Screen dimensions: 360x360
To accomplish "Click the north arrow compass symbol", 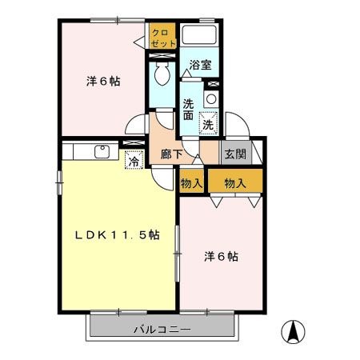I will coord(294,331).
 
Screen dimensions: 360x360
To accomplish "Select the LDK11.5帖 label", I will coord(118,235).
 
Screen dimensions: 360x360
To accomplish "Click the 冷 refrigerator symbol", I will coord(134,160).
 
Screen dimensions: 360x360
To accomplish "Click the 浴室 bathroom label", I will coord(200,65).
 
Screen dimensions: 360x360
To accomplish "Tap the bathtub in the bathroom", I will coord(200,36).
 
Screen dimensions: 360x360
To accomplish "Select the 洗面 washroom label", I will coord(188,109).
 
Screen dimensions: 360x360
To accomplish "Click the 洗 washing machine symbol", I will coord(207,124).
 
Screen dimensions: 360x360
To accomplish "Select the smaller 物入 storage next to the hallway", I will coord(192,182).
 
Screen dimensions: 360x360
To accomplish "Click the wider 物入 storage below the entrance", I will coord(235,182).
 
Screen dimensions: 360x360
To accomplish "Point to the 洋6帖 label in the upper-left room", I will coord(103,81).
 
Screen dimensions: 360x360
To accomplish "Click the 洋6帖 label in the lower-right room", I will coord(220,257).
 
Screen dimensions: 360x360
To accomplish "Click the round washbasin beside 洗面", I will coord(210,98).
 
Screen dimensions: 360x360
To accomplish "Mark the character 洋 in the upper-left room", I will coord(92,81).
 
